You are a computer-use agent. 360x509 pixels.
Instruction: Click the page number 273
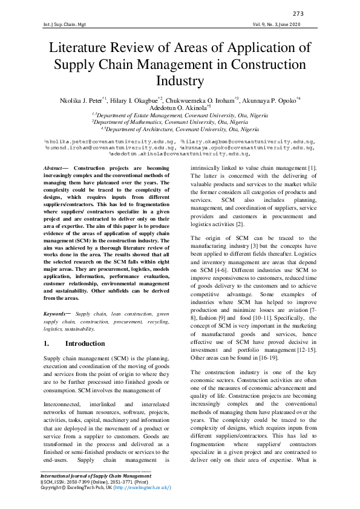click(298, 14)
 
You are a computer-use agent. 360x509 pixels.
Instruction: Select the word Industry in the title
click(180, 80)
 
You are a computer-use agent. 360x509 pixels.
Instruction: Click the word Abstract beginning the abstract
click(57, 166)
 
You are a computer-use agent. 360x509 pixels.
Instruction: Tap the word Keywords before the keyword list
click(59, 314)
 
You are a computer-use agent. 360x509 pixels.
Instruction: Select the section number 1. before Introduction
click(47, 343)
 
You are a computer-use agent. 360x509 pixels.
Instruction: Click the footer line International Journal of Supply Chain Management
click(95, 476)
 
